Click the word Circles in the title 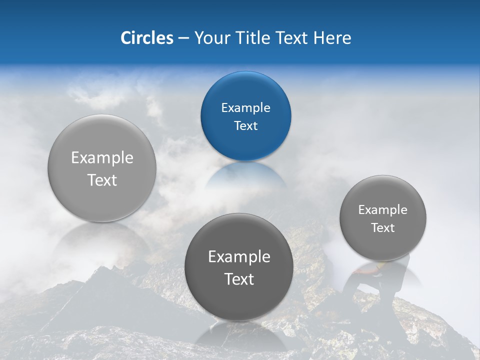tap(146, 38)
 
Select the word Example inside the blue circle tap(245, 107)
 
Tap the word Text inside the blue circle tap(245, 125)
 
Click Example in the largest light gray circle tap(102, 158)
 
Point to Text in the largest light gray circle tap(102, 180)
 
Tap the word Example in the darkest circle tap(239, 257)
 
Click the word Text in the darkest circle tap(239, 279)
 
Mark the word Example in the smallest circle tap(383, 209)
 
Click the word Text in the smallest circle tap(383, 227)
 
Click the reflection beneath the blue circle tap(245, 175)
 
